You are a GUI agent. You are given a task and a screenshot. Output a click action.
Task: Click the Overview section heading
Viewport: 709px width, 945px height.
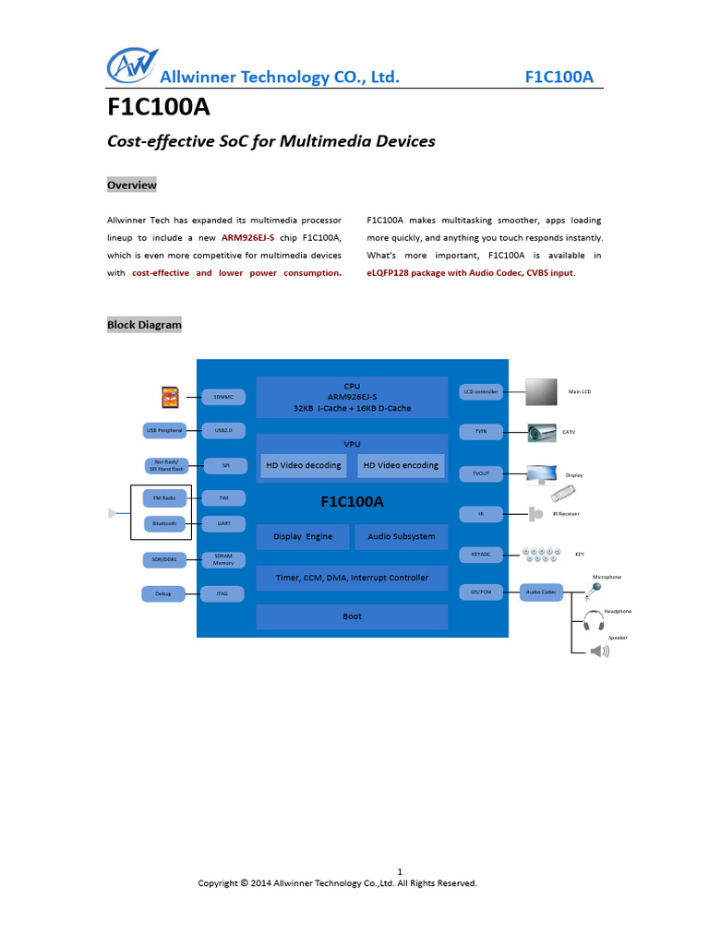[x=131, y=185]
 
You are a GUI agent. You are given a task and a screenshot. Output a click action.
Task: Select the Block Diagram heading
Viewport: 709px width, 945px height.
[x=144, y=325]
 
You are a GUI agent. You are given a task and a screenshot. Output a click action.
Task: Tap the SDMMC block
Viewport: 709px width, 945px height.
[x=223, y=397]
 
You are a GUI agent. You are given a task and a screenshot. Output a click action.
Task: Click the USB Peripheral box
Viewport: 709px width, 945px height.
[x=164, y=431]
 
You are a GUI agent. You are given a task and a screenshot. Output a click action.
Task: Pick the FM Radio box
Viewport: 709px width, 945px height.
[x=164, y=498]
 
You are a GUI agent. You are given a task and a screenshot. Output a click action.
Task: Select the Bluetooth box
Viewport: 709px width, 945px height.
[x=164, y=523]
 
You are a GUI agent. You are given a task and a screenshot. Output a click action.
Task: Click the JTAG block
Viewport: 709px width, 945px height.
[x=223, y=593]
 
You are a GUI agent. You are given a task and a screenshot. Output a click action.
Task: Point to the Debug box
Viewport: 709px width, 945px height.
[x=164, y=593]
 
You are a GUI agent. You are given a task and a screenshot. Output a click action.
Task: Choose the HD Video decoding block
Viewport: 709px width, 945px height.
[x=304, y=465]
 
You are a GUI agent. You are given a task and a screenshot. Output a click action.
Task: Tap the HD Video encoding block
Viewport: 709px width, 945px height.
[x=400, y=465]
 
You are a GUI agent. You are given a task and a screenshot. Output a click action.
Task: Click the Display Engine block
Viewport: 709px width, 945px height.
[x=303, y=536]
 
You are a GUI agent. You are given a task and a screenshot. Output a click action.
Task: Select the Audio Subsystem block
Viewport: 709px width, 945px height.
[x=401, y=536]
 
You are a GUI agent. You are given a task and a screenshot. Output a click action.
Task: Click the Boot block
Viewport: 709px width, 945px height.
[x=352, y=616]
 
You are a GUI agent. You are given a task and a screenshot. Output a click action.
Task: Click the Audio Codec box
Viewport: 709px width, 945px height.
[x=541, y=592]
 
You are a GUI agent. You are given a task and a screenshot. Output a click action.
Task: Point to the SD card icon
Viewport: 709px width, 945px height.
[x=169, y=397]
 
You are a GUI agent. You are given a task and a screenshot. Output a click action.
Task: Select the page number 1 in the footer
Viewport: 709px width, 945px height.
[x=400, y=871]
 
